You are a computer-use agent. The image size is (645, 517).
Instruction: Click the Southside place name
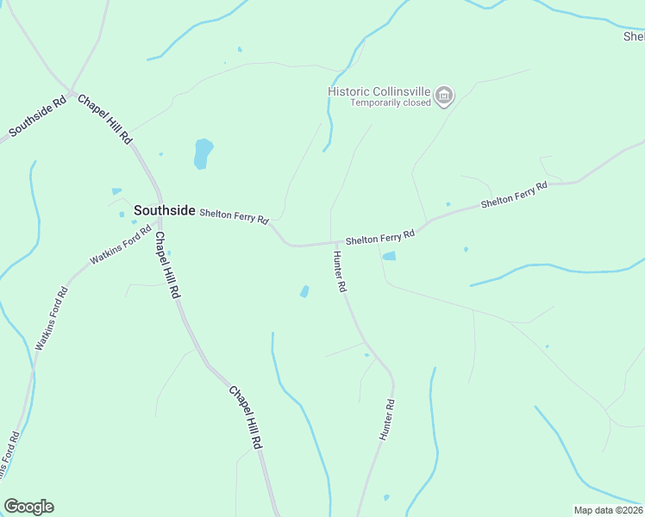click(165, 209)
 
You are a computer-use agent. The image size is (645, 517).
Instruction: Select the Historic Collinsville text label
click(379, 91)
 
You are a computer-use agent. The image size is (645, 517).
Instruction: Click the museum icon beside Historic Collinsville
click(444, 95)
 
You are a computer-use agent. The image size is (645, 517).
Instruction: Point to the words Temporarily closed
click(390, 103)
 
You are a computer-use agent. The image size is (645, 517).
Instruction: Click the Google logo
click(28, 507)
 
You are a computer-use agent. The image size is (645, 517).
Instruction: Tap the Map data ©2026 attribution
click(609, 510)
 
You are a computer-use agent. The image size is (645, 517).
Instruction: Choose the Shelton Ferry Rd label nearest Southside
click(234, 215)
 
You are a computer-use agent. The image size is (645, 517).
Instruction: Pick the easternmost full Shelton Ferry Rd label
click(514, 195)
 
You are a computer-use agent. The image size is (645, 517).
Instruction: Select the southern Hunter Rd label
click(387, 420)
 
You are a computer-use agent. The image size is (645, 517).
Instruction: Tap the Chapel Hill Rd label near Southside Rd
click(105, 118)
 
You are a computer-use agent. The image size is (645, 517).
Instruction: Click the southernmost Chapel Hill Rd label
click(245, 415)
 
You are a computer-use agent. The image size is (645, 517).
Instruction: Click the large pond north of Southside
click(203, 153)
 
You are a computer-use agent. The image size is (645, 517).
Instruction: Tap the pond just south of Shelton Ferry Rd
click(389, 256)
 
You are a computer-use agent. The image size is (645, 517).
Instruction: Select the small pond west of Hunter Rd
click(304, 291)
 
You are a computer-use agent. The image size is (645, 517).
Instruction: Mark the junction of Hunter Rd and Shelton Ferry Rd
click(333, 243)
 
